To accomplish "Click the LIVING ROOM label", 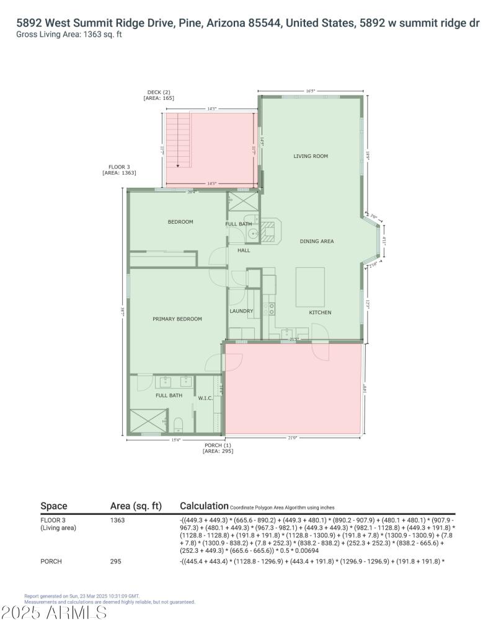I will [x=311, y=156].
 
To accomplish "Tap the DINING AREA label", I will [x=317, y=241].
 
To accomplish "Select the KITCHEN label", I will [x=320, y=312].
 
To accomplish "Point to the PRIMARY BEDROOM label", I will [x=177, y=319].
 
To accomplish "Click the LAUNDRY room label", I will [x=241, y=311].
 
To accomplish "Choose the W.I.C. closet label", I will [x=205, y=398].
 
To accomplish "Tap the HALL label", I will [x=244, y=250].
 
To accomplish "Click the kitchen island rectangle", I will [x=309, y=286].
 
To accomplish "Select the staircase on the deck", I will [x=179, y=141].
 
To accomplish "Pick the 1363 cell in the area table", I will [x=117, y=520].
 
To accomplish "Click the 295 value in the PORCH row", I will [x=115, y=561].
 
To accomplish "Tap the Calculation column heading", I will [x=203, y=506].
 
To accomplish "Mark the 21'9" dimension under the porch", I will [x=293, y=438].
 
